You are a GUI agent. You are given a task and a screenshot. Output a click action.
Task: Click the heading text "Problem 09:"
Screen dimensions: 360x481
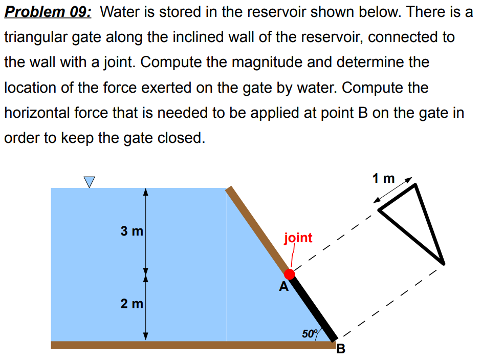coord(48,12)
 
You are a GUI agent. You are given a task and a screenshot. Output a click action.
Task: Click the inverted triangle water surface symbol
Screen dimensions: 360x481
coord(90,181)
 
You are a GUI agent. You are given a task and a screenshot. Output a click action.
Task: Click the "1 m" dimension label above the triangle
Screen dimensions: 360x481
coord(384,178)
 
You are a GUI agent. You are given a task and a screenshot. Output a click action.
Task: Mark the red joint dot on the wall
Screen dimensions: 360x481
coord(290,273)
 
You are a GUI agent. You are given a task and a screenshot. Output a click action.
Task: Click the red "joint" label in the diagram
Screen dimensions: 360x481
coord(298,238)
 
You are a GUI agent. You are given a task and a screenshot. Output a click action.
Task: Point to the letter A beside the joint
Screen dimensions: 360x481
coord(283,287)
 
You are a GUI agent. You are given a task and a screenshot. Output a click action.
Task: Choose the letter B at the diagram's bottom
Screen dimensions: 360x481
coord(341,350)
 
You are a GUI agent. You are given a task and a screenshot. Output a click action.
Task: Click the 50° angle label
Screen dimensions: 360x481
coord(309,334)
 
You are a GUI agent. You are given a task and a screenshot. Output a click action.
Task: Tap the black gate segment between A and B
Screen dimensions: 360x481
coord(313,307)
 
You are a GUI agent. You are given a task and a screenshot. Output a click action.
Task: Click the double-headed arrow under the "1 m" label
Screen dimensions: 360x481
coord(395,193)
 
